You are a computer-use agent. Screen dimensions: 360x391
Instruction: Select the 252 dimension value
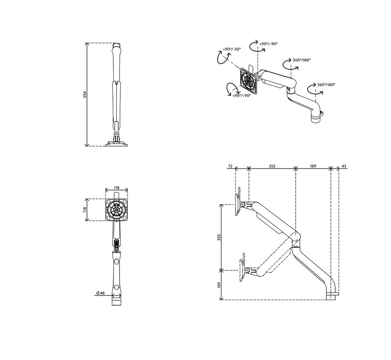coord(272,166)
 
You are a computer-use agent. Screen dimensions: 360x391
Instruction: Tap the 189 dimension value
coord(313,166)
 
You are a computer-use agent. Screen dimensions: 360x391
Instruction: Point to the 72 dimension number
coord(230,166)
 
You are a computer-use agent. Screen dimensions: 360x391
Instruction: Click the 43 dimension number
coord(344,166)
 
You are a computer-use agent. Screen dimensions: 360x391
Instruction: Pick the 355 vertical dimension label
coord(219,237)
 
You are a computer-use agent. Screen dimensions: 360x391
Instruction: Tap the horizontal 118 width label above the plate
coord(116,187)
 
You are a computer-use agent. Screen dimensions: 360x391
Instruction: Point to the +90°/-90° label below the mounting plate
coord(242,95)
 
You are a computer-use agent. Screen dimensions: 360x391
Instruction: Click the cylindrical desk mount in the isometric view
coord(316,115)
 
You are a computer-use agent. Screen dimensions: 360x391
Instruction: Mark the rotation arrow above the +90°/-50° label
coord(221,57)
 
